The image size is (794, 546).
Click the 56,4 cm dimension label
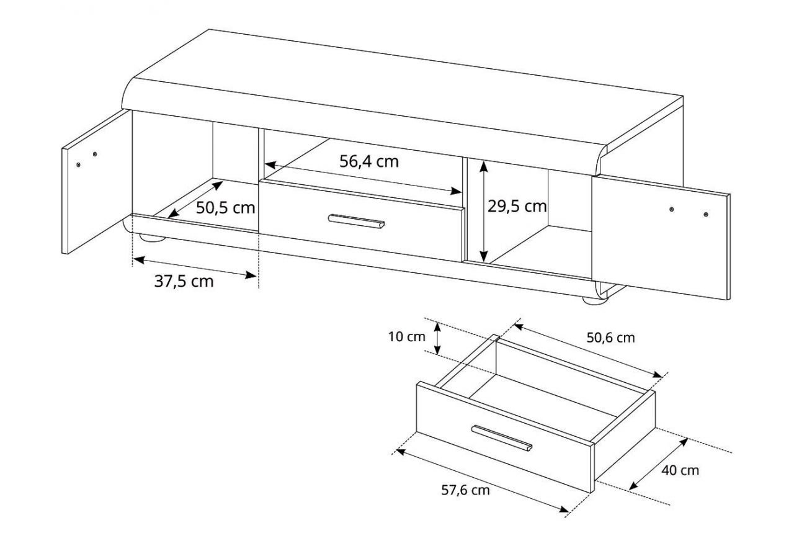tap(369, 162)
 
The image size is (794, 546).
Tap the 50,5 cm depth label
tap(225, 208)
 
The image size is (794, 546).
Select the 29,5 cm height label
tap(517, 207)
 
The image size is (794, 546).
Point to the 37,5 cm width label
tap(184, 282)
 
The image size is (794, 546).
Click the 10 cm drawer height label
tap(407, 336)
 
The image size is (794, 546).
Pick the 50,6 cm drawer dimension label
tap(610, 338)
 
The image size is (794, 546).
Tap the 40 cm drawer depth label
tap(680, 470)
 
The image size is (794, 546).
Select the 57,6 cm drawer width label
tap(465, 490)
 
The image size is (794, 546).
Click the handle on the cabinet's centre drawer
tap(356, 222)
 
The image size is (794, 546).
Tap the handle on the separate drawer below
tap(502, 439)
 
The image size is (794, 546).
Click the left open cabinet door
tap(97, 182)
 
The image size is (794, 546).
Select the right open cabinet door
tap(661, 238)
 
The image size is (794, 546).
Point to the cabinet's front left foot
tap(153, 238)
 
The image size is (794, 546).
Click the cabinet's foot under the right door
tap(595, 301)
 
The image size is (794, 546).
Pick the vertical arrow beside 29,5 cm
tap(483, 212)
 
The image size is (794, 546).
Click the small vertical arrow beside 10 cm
tap(437, 338)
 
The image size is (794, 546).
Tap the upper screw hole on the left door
tap(95, 154)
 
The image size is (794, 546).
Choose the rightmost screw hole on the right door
tap(706, 215)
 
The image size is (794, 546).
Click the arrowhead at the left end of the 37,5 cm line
tap(138, 259)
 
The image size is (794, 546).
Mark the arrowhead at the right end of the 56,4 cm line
tap(456, 192)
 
